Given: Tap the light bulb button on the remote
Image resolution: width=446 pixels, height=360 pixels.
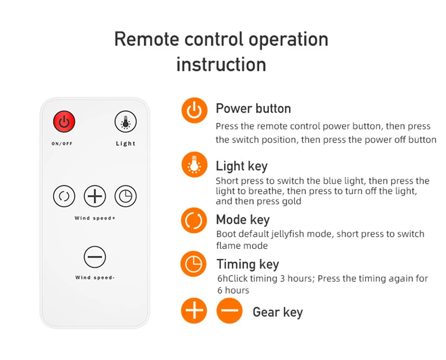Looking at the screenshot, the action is (x=125, y=122).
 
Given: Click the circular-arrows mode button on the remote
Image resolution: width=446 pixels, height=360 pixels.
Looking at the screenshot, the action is (x=64, y=196).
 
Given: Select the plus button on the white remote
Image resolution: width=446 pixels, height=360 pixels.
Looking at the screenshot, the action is (x=95, y=196).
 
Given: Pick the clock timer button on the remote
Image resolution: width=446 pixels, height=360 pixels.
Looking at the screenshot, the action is (x=125, y=196).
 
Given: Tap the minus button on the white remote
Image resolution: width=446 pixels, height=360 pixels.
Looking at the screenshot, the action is (x=95, y=257).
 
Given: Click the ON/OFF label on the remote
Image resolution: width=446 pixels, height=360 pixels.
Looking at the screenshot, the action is (x=62, y=144).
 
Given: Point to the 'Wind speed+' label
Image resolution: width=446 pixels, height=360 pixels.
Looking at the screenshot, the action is (x=95, y=218).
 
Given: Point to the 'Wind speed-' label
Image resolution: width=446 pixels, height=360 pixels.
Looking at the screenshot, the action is (x=95, y=277).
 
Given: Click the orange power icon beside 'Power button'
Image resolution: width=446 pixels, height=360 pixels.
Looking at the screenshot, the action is (x=194, y=111).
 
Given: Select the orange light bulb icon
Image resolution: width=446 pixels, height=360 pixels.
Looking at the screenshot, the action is (x=194, y=164).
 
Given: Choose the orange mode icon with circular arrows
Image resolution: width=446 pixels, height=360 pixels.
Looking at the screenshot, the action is (x=194, y=220).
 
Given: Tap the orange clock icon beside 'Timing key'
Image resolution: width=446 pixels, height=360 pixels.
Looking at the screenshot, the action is (x=193, y=264).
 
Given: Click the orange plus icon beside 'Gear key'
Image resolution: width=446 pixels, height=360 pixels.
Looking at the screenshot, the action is (x=194, y=310).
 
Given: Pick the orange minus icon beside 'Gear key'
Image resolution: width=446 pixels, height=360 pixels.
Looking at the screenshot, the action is (x=229, y=310).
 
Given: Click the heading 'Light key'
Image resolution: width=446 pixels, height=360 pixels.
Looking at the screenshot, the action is (x=242, y=166).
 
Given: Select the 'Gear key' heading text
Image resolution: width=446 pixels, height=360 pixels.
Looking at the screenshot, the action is (x=278, y=312).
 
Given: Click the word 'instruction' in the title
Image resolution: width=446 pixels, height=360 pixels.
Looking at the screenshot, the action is (x=221, y=64).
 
